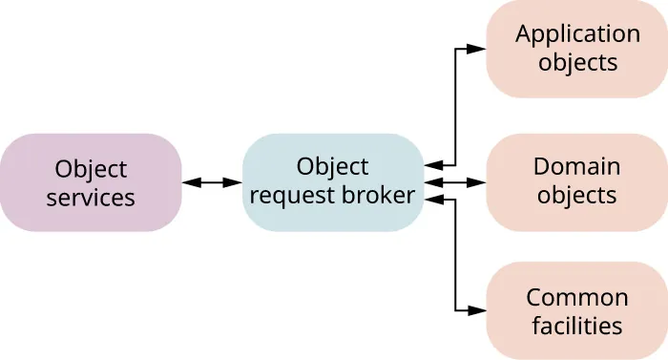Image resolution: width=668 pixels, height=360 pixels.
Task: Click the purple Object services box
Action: point(91,182)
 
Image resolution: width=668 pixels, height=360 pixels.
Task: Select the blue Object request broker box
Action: point(332,182)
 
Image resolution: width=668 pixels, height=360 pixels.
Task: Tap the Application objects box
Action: point(576,49)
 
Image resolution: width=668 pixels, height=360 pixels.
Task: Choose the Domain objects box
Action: point(576,181)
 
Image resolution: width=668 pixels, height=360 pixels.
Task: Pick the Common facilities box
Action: point(576,310)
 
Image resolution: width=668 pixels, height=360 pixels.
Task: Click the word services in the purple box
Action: point(91,198)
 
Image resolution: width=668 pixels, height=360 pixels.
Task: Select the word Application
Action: point(577,34)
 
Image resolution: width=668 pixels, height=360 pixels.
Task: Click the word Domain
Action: point(576,167)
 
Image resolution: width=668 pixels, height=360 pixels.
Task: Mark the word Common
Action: point(577,297)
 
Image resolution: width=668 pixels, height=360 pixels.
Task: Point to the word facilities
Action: point(577,325)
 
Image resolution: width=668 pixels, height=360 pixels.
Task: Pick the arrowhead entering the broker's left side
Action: point(233,182)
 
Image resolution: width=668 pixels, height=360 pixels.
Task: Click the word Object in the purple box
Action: point(91,169)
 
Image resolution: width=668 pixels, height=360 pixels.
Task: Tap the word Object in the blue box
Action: point(332,167)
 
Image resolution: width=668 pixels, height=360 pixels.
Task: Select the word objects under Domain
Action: point(577,196)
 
